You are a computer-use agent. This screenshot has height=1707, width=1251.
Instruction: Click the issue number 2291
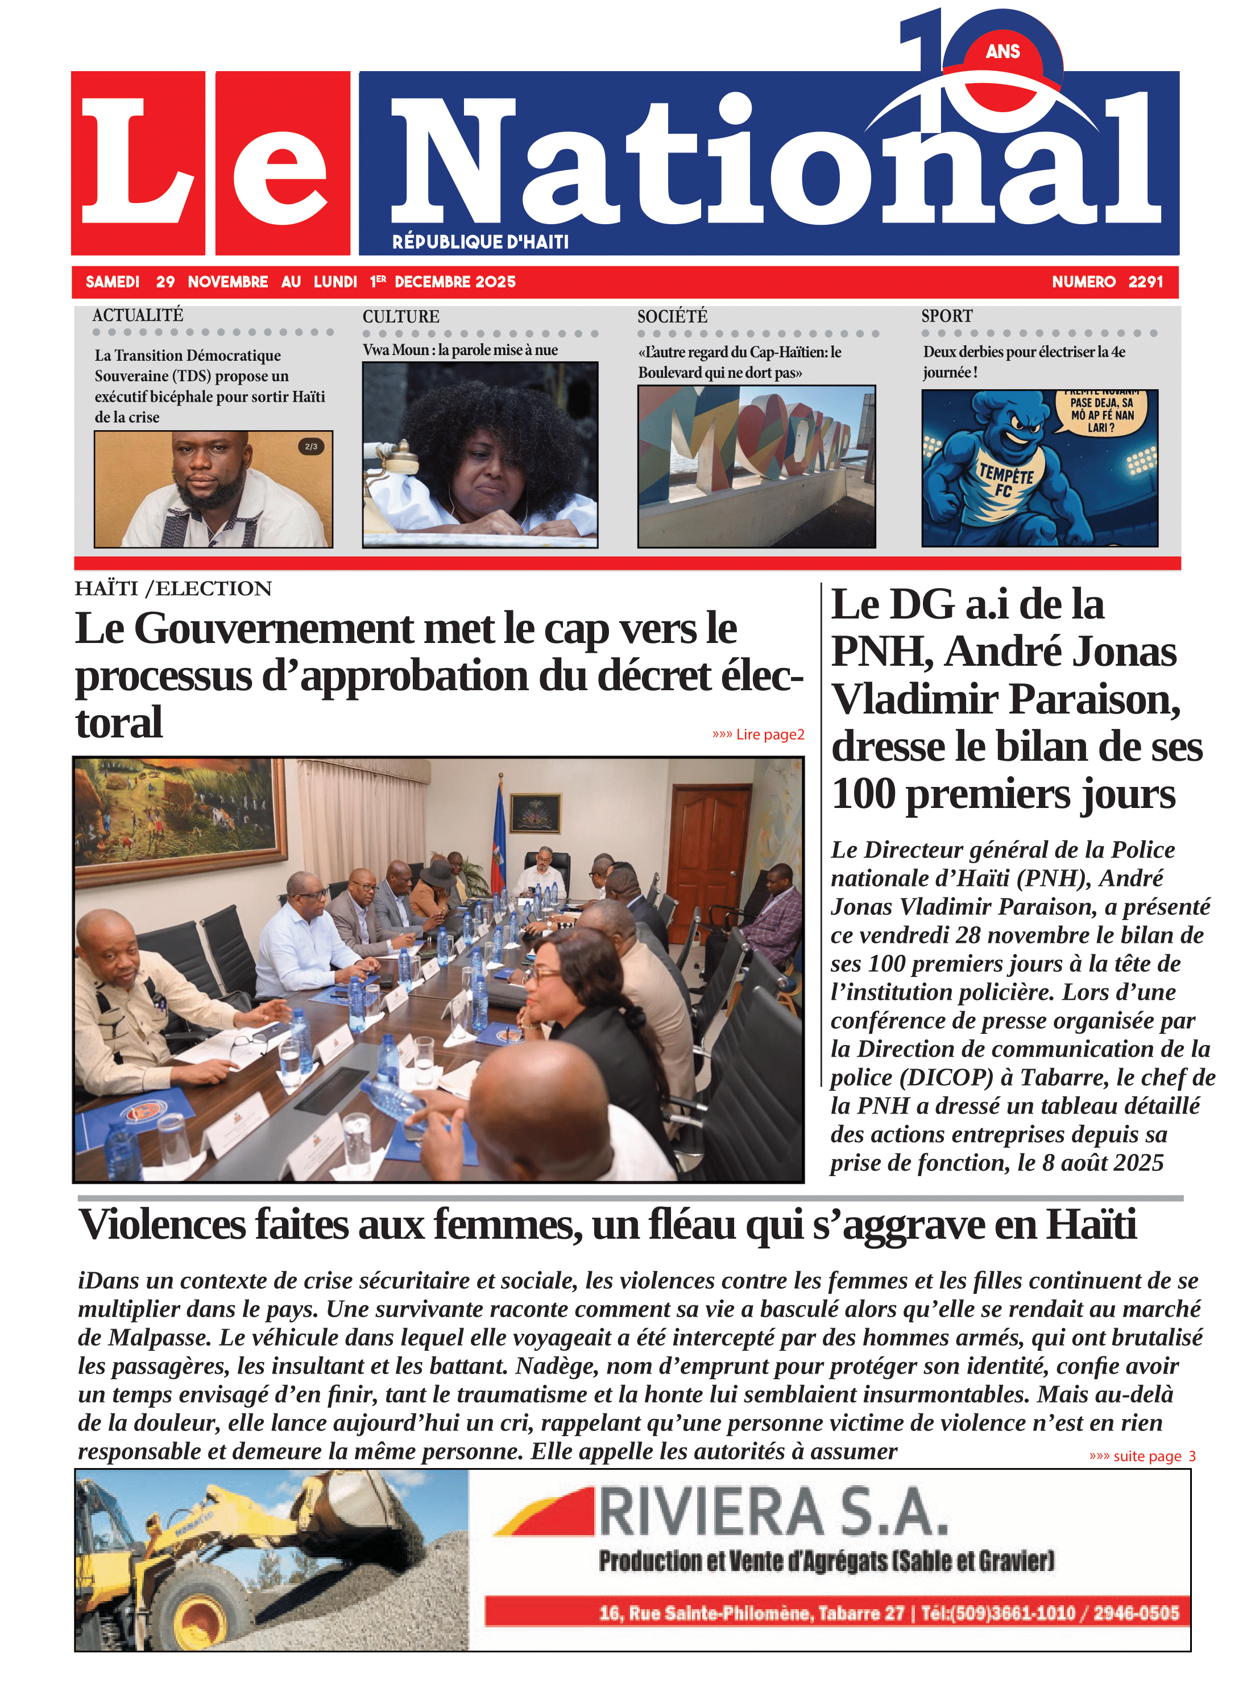click(x=1145, y=282)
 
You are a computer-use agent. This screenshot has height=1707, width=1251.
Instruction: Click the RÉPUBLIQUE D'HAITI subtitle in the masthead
click(x=480, y=242)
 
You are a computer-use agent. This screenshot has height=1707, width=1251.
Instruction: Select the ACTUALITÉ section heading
click(x=138, y=315)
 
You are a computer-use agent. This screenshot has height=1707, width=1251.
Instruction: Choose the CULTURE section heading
click(x=400, y=317)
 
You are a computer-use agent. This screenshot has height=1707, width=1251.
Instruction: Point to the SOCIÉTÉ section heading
click(x=672, y=317)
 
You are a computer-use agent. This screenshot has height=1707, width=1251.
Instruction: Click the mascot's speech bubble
click(x=1102, y=414)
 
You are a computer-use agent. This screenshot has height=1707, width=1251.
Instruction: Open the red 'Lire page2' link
click(x=758, y=734)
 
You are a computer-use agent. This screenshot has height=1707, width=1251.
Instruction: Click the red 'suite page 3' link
click(x=1142, y=1456)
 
